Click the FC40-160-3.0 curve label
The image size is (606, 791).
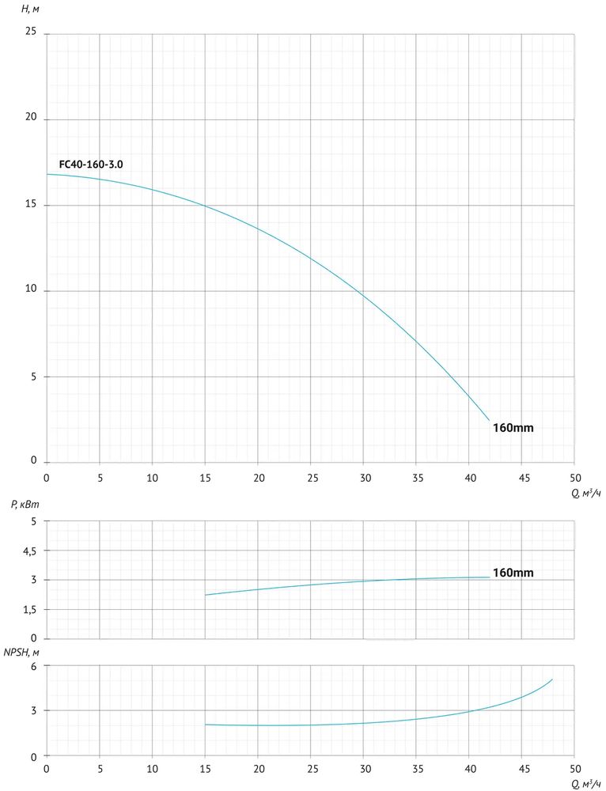tap(91, 165)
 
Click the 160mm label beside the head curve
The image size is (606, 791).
tap(513, 428)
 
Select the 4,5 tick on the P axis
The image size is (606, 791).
tap(29, 551)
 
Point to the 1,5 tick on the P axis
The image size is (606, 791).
tap(29, 610)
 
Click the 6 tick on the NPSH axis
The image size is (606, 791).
tap(35, 666)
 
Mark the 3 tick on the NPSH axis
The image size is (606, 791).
tap(35, 711)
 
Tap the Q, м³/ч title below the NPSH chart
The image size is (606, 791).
tap(586, 784)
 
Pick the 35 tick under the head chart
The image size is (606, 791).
tap(416, 479)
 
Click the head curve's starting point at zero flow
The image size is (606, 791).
tap(47, 174)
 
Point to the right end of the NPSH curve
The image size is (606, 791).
tap(552, 679)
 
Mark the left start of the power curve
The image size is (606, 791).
tap(206, 595)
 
